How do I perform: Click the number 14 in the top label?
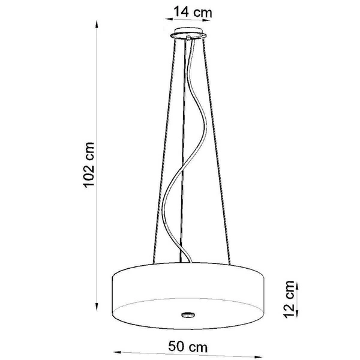tap(182, 11)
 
